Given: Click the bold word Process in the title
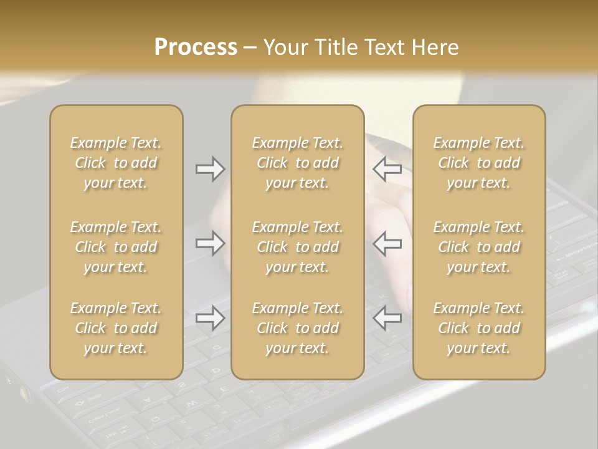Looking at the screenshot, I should tap(196, 47).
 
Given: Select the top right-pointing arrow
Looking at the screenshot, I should tap(211, 169).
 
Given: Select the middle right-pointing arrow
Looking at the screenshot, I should tap(211, 243).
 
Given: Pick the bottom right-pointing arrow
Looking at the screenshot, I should tap(211, 318).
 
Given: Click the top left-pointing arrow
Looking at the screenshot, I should tap(387, 169).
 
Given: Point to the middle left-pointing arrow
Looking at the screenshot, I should tap(387, 243).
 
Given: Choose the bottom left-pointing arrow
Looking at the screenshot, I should tap(387, 318).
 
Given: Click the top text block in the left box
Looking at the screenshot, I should tap(116, 163).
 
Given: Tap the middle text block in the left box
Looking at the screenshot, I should tap(116, 247).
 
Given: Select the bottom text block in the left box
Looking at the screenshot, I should tap(116, 328).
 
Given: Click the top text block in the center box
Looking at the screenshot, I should tap(297, 163).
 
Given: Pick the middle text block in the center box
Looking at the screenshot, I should tap(297, 247).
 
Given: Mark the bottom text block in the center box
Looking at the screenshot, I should tap(297, 328).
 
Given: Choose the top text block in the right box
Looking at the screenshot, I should tap(479, 163).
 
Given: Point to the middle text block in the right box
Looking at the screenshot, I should tap(479, 247).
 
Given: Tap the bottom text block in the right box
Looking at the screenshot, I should tap(479, 328).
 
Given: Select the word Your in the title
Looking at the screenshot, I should tap(286, 47).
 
